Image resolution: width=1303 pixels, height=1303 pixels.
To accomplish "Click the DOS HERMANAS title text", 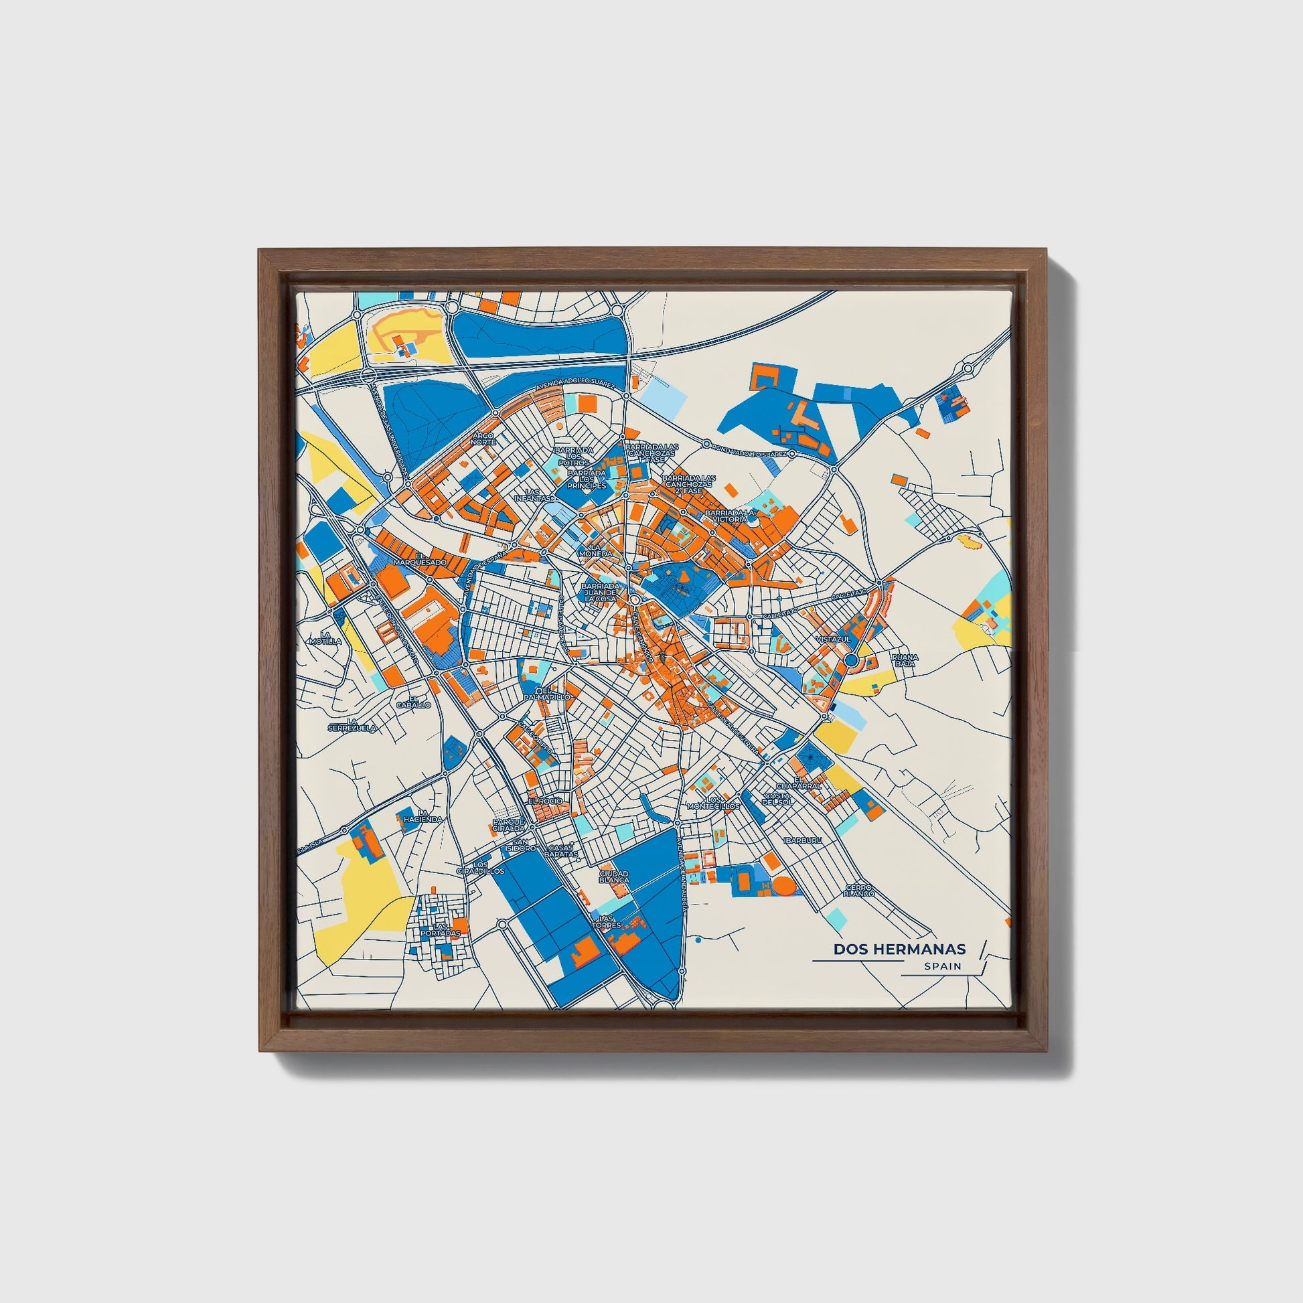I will coord(899,949).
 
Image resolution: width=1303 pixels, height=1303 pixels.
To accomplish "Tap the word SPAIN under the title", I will coord(943,966).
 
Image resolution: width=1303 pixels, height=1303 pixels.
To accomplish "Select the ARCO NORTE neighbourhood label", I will coord(483,439).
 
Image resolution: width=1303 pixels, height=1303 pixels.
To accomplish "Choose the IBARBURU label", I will coord(803,841).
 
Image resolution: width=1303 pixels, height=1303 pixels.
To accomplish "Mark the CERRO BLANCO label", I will coord(858,891).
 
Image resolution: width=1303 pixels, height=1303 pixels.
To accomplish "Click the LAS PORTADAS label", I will coord(440,930).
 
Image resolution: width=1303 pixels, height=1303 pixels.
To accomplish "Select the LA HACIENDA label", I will coord(423,816).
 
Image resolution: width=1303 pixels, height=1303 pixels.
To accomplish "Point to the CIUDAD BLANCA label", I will coord(614,876).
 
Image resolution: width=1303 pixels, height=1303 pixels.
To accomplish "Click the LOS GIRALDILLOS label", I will coord(480,867).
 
